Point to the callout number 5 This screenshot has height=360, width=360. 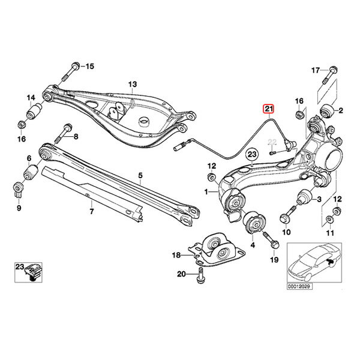140,176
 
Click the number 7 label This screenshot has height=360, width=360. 91,211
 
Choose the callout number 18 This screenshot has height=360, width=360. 176,255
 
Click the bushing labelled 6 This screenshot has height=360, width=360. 29,174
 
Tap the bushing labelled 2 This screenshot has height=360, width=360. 326,110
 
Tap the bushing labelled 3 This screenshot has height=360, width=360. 302,196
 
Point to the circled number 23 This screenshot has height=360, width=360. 253,154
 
